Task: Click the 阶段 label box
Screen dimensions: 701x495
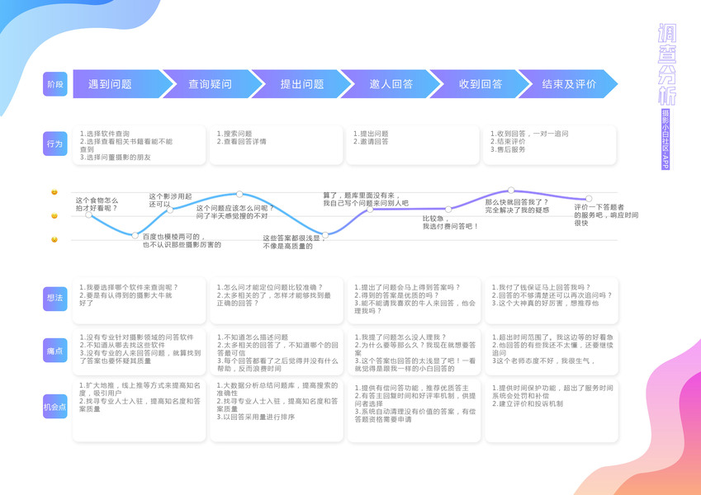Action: coord(54,84)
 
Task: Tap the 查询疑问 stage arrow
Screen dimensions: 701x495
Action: coord(210,84)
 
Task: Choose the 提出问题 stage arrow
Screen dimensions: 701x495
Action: coord(301,84)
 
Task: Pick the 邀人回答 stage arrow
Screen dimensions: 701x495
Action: coord(391,84)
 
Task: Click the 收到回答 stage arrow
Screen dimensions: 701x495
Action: coord(480,84)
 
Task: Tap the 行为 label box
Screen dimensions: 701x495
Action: coord(54,144)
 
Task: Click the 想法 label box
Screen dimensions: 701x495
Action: coord(54,299)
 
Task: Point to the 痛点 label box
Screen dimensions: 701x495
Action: coord(54,352)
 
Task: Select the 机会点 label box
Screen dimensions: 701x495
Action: coord(54,407)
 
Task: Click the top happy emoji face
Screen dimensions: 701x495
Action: coord(54,192)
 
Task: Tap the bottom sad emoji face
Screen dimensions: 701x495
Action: coord(54,239)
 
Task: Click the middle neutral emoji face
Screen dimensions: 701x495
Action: coord(54,215)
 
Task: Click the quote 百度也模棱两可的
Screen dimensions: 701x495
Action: coord(181,240)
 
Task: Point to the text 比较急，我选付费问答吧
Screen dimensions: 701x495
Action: coord(451,222)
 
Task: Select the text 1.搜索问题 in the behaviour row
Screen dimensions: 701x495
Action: coord(234,133)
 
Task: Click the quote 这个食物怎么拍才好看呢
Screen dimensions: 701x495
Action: coord(97,204)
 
